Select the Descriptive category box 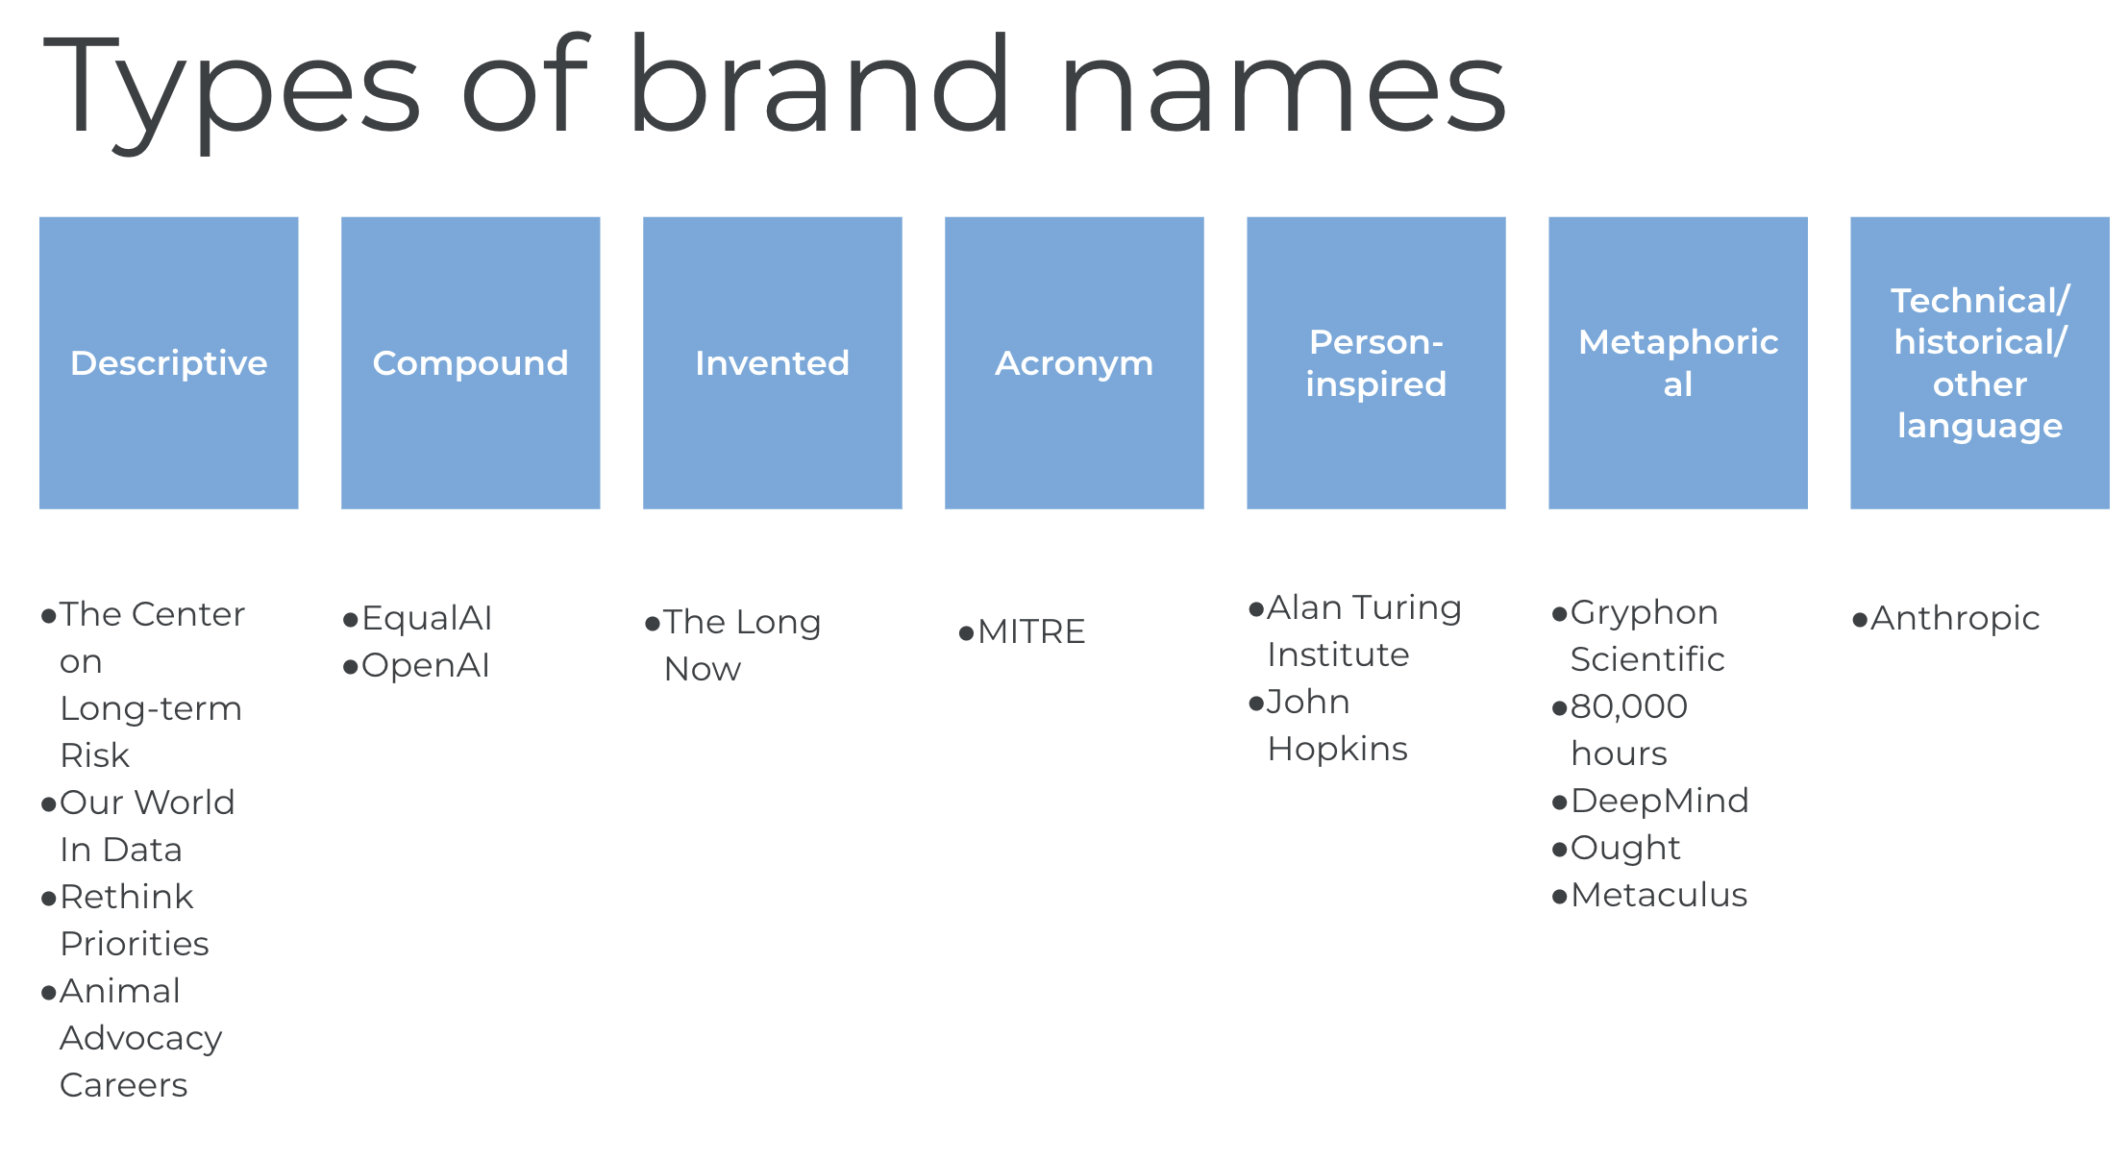(169, 362)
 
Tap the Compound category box (471, 362)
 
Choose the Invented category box (773, 362)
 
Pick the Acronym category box (1075, 362)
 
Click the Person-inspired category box (1376, 362)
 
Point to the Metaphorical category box (1678, 362)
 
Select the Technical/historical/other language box (1980, 362)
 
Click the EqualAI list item (427, 618)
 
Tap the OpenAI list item (426, 665)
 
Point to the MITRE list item (1031, 631)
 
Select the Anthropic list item (1955, 618)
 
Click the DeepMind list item (1660, 801)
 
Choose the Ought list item (1625, 848)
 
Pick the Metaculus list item (1659, 895)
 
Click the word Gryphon (1645, 612)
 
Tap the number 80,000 (1629, 706)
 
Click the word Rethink (127, 897)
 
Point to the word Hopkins (1338, 749)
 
